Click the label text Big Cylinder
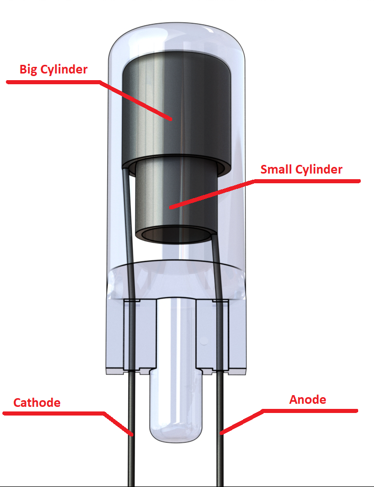point(54,69)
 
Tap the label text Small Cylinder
point(301,169)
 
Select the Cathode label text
point(37,403)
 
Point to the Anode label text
point(308,399)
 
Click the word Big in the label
point(28,69)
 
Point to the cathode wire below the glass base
point(131,429)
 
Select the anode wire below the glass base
point(220,429)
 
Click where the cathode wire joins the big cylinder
point(124,169)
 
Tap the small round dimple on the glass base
point(204,342)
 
